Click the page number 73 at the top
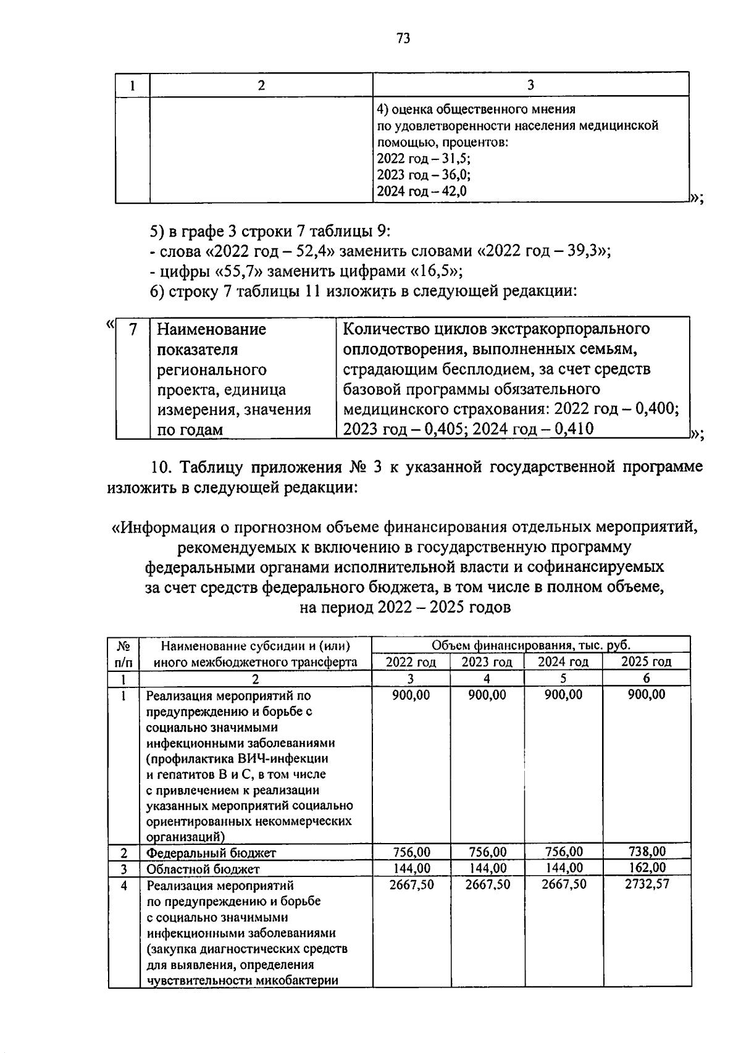pos(403,39)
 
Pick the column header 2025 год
pos(646,661)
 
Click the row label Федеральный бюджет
pos(211,853)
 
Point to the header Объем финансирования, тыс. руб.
pos(531,645)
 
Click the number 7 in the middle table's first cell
pos(133,329)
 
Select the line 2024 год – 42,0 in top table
pos(421,191)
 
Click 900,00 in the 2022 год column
pos(411,695)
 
